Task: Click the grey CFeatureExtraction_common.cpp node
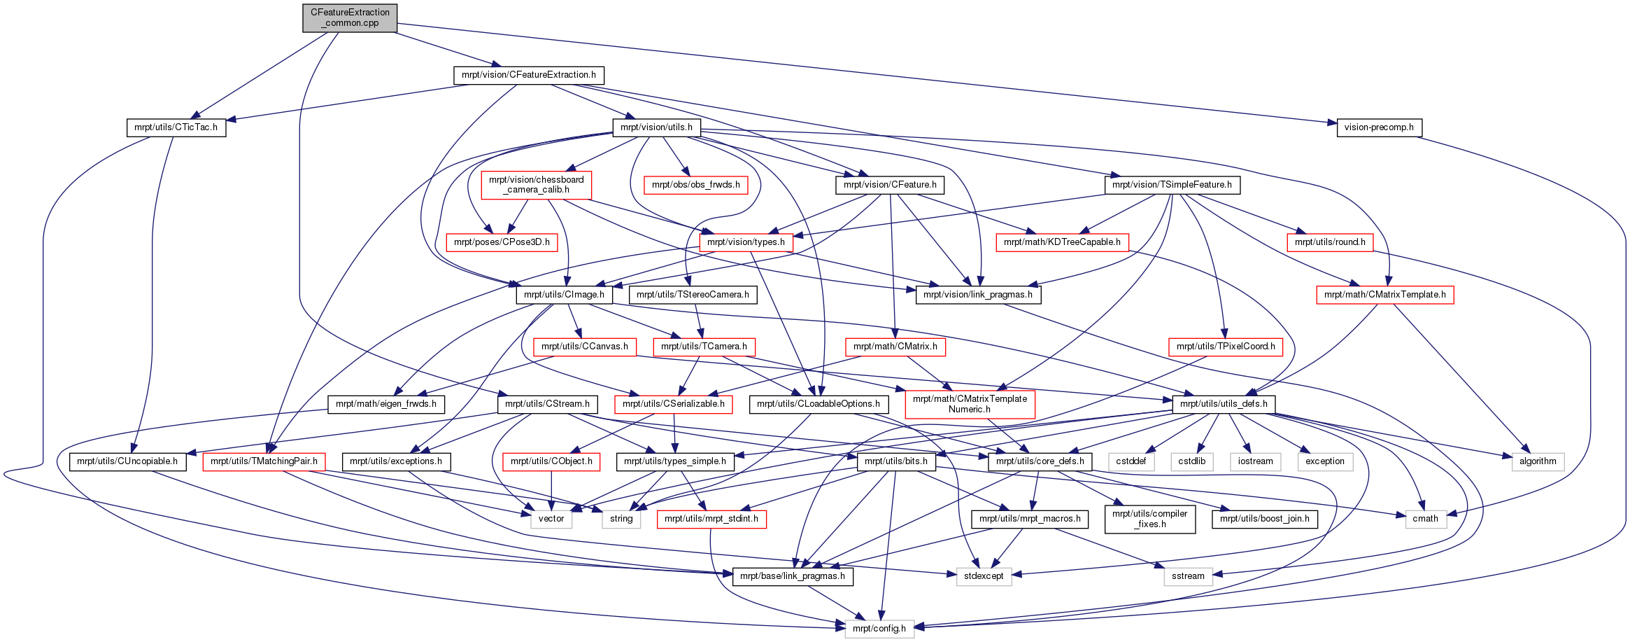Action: click(x=350, y=18)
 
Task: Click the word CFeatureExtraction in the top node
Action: click(x=350, y=12)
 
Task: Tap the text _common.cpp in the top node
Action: click(x=351, y=23)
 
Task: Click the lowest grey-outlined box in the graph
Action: click(x=879, y=629)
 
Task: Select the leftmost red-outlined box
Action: click(x=264, y=462)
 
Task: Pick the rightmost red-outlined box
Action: click(x=1384, y=295)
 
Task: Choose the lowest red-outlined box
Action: click(x=711, y=519)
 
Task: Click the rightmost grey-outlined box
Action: click(x=1538, y=462)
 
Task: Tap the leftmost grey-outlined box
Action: click(x=551, y=519)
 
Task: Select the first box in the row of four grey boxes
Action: click(x=1131, y=462)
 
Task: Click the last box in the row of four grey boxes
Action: click(x=1325, y=462)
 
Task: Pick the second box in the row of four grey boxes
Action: click(x=1192, y=462)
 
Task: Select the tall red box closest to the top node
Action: click(x=537, y=186)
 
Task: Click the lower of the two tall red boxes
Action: click(x=970, y=405)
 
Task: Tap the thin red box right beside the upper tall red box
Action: click(x=695, y=185)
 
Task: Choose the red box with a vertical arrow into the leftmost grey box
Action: click(x=551, y=462)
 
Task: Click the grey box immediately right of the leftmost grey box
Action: click(x=621, y=519)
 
